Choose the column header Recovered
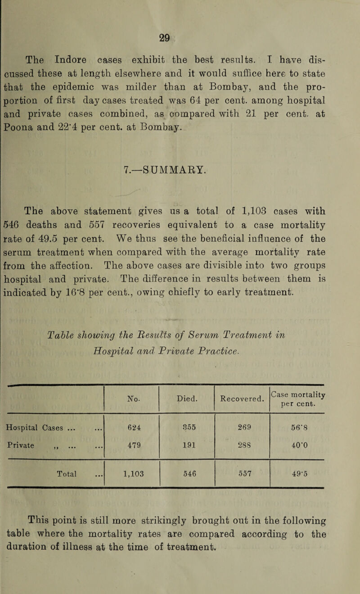coord(242,372)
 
